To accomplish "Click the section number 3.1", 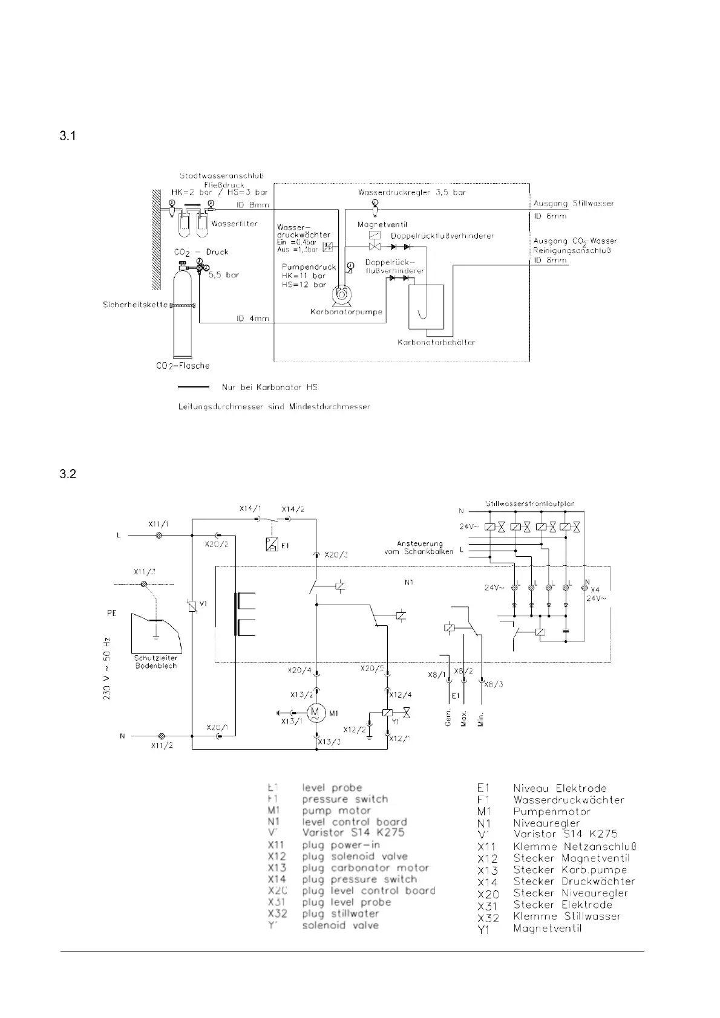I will pos(67,137).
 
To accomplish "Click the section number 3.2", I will pos(67,474).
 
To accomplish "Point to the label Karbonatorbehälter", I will pos(436,342).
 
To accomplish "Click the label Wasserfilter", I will pos(235,224).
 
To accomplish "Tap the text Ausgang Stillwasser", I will pos(574,203).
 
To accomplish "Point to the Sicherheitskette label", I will pos(135,305).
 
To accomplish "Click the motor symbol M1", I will pos(315,713).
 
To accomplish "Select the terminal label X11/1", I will pos(159,524).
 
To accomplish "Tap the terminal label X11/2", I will pos(162,745).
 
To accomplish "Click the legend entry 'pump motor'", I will pos(336,811).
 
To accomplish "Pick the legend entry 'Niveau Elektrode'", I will pos(560,788).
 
